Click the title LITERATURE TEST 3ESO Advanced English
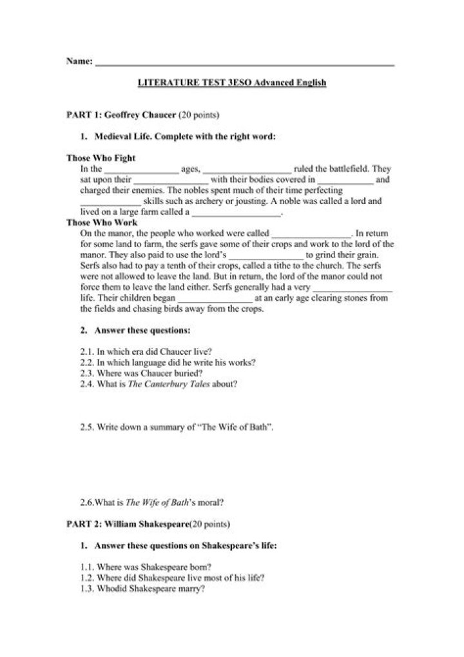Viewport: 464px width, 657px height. pyautogui.click(x=233, y=83)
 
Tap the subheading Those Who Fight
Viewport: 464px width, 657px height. pyautogui.click(x=101, y=157)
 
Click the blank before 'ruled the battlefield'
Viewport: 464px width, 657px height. pyautogui.click(x=247, y=170)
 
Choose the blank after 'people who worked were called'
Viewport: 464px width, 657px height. pyautogui.click(x=312, y=234)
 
